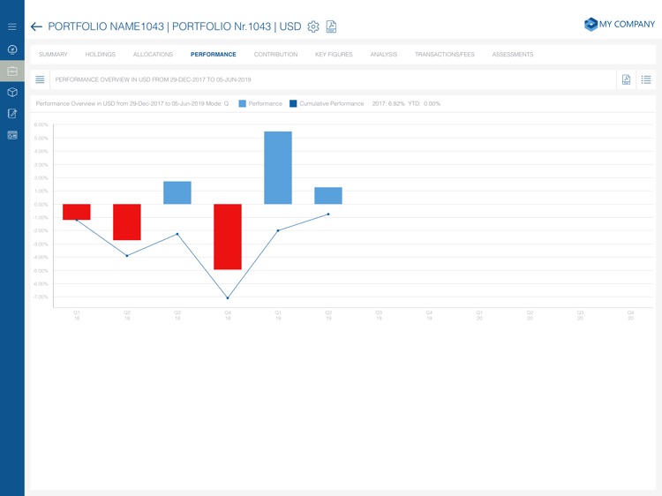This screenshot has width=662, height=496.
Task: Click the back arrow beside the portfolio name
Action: [36, 26]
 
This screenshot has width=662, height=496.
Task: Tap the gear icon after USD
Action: [313, 26]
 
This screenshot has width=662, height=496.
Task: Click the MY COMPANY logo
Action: [619, 25]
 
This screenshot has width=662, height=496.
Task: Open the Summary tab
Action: [53, 55]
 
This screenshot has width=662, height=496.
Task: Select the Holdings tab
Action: [100, 55]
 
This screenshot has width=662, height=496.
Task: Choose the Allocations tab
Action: [153, 55]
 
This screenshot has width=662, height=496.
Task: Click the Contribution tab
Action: [275, 55]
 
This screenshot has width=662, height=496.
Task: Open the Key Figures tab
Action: [334, 55]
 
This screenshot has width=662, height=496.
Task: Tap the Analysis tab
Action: [383, 55]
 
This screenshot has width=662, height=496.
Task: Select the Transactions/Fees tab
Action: [444, 55]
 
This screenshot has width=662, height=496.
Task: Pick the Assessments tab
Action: [512, 55]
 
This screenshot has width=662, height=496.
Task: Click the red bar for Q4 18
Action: [228, 237]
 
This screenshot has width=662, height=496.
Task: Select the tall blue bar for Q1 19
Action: [278, 168]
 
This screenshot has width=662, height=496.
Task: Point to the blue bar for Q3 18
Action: [177, 192]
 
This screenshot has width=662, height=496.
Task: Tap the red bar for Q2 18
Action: [127, 222]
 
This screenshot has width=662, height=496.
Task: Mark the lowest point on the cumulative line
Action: [228, 298]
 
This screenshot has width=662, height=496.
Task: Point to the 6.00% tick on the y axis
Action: [41, 125]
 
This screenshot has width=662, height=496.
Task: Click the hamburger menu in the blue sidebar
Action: [12, 26]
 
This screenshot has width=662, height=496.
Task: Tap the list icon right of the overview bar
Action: [646, 79]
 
